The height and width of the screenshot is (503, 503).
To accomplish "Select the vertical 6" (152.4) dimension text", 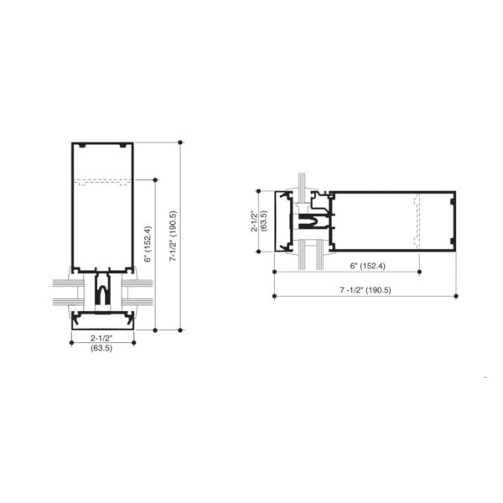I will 148,244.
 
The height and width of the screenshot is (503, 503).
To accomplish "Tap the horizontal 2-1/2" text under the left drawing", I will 101,338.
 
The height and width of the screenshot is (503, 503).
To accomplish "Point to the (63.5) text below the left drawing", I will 101,348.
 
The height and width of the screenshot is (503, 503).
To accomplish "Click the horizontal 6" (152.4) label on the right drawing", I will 366,266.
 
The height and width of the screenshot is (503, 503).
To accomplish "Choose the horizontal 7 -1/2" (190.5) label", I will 366,290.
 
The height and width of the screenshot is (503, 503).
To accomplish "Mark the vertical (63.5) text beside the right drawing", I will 264,220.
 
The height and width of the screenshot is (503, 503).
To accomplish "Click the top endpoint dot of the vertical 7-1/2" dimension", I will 180,143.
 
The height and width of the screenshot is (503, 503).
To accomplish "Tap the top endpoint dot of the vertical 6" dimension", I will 156,179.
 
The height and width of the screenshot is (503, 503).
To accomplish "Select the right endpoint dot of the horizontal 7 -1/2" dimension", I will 456,296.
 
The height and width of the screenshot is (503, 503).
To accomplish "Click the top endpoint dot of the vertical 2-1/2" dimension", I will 259,190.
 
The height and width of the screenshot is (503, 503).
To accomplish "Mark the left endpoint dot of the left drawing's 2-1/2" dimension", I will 70,342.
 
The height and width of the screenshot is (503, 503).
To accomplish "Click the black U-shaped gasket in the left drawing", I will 101,293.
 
